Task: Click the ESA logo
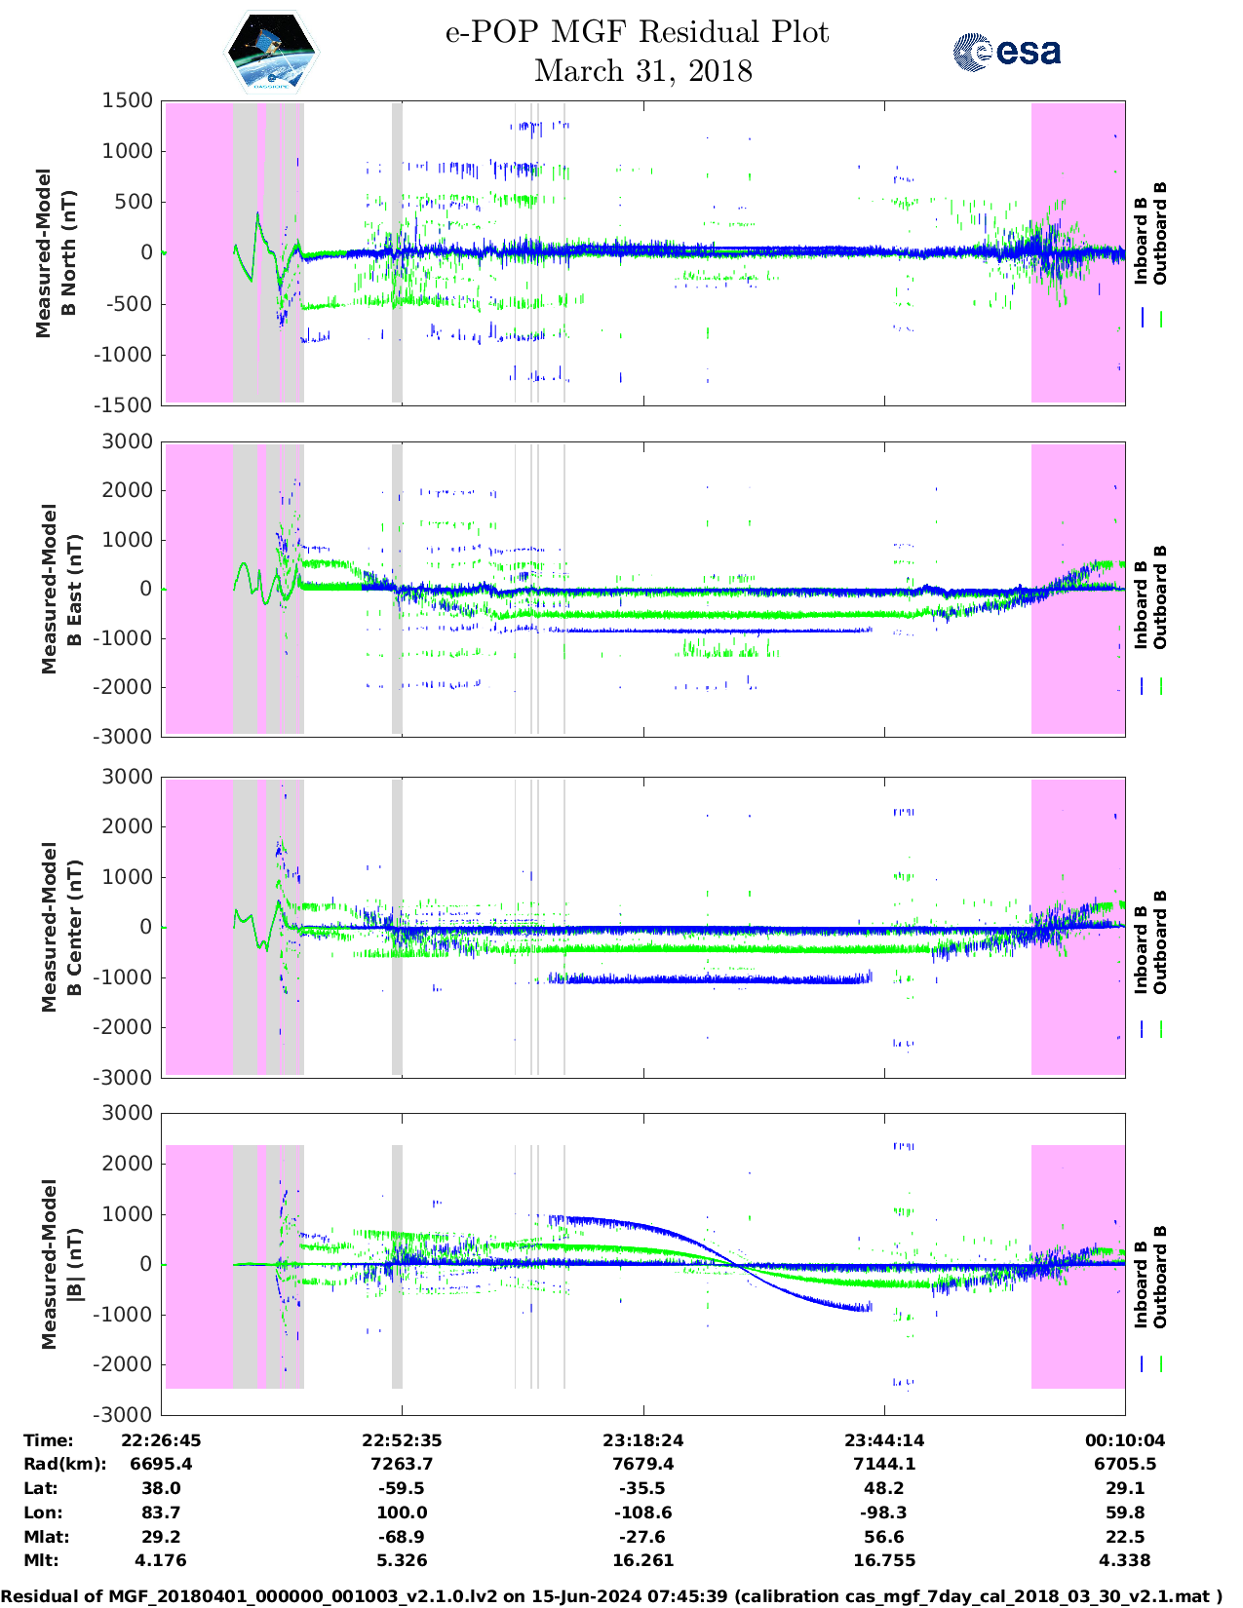[1007, 52]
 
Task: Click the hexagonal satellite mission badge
[271, 52]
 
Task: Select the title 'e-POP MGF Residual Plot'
[638, 32]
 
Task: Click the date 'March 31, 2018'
[643, 71]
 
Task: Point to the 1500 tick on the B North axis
[128, 100]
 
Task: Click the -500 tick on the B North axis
[128, 303]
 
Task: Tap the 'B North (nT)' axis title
[56, 253]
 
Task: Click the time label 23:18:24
[642, 1440]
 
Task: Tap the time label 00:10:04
[1125, 1440]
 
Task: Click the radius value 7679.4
[642, 1464]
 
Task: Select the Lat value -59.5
[402, 1488]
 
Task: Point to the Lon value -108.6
[642, 1512]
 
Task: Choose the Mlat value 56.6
[884, 1537]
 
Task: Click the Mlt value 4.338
[1125, 1560]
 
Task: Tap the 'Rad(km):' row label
[64, 1464]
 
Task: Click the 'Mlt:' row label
[41, 1560]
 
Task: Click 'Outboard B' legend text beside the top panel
[1160, 234]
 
